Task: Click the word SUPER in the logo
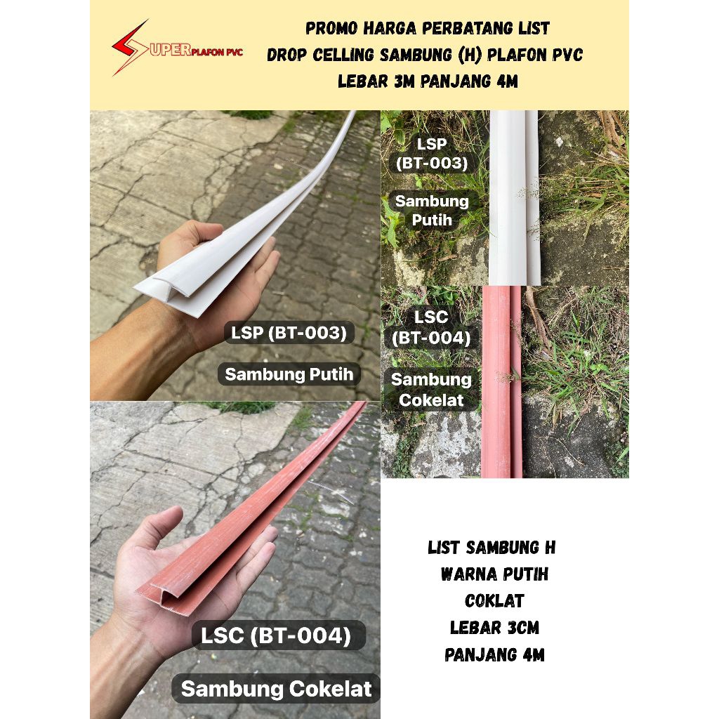[170, 50]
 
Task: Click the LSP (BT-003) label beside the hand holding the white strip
[289, 333]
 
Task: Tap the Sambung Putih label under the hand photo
[289, 374]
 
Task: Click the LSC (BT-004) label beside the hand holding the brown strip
[277, 635]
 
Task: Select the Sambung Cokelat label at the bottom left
[276, 689]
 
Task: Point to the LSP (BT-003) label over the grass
[432, 154]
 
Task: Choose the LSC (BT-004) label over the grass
[431, 327]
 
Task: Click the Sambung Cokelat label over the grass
[431, 390]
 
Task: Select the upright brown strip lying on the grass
[501, 382]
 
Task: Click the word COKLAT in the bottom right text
[494, 601]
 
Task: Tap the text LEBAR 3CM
[494, 627]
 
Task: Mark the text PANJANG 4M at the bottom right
[494, 654]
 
